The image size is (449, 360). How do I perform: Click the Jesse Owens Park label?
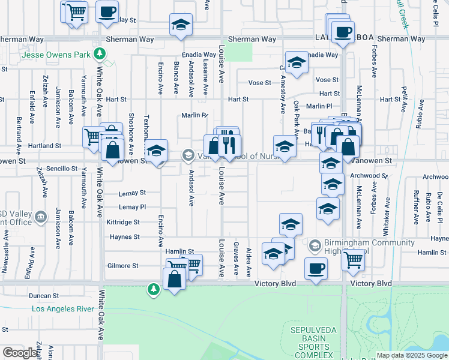(x=56, y=55)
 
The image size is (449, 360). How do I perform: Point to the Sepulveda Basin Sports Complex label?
(x=312, y=339)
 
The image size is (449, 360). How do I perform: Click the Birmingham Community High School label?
(x=369, y=247)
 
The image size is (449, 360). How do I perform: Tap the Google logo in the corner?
(x=20, y=353)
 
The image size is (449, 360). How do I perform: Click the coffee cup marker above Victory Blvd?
(x=316, y=268)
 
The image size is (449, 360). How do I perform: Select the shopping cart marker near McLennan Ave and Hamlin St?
(x=354, y=260)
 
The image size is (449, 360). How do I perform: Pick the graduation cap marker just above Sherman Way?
(x=179, y=25)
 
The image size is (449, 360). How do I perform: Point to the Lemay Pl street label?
(x=132, y=207)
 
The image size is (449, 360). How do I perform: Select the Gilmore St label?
(x=123, y=266)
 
